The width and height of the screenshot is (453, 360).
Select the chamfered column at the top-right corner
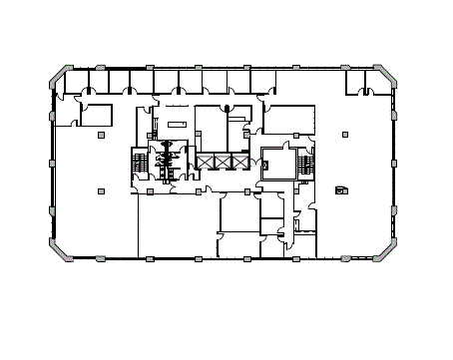point(382,76)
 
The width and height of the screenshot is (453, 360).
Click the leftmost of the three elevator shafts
point(207,161)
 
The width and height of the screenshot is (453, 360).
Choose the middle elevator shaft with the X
point(223,161)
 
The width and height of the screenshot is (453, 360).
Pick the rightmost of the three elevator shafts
point(238,161)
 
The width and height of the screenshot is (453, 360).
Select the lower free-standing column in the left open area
point(101,190)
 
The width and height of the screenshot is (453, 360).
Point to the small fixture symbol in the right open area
point(341,189)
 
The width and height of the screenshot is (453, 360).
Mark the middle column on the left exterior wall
point(52,163)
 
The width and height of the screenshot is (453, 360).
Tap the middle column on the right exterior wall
point(393,163)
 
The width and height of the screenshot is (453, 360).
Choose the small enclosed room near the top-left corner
point(97,117)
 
